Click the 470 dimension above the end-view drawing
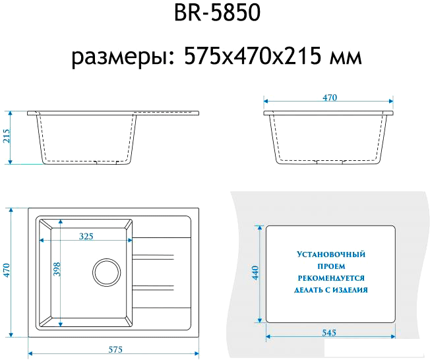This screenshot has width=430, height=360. click(x=330, y=98)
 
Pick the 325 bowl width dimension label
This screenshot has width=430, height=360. click(x=86, y=235)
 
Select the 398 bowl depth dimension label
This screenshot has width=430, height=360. click(x=57, y=270)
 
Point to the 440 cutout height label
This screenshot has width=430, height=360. click(x=255, y=273)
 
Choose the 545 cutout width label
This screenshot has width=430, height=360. click(x=330, y=332)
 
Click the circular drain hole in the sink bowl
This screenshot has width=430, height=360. click(x=106, y=271)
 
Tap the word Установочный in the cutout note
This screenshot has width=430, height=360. click(x=331, y=254)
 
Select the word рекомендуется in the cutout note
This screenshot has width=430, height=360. click(x=331, y=278)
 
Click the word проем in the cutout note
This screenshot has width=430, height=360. click(x=331, y=266)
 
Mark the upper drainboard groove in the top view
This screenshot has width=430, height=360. click(x=154, y=256)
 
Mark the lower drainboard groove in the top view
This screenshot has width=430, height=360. click(x=154, y=287)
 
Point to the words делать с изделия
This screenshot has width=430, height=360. click(x=331, y=289)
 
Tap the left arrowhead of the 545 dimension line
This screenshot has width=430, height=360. click(x=268, y=338)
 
